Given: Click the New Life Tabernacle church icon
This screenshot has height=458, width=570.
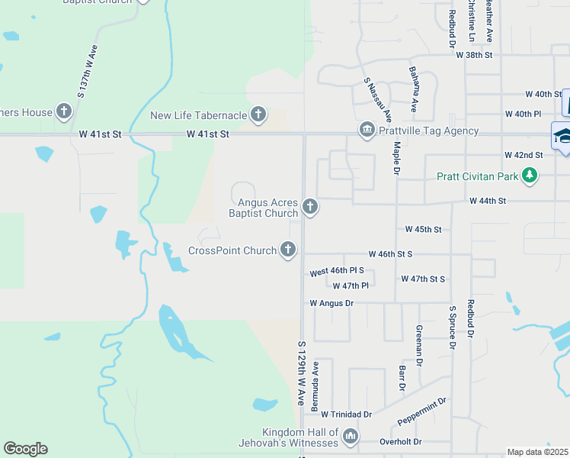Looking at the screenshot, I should (258, 115).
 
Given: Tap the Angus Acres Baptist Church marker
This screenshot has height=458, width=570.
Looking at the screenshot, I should (309, 206).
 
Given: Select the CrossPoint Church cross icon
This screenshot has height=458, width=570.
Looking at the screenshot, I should (288, 249).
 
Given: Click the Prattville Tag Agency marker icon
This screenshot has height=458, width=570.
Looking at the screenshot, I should (367, 131).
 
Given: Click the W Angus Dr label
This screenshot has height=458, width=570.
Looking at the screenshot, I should (331, 303).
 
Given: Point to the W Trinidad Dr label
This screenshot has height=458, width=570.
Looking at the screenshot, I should (346, 414).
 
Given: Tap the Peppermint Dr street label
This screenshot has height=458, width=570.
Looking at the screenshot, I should (421, 412).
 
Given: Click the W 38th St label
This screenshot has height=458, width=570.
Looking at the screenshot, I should (475, 55).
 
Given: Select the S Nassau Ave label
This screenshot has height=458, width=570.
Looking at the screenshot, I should (377, 100).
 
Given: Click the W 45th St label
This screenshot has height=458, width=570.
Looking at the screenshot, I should (423, 229).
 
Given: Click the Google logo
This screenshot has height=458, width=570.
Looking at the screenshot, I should (25, 449).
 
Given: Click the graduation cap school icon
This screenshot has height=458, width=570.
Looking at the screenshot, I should (562, 136).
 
